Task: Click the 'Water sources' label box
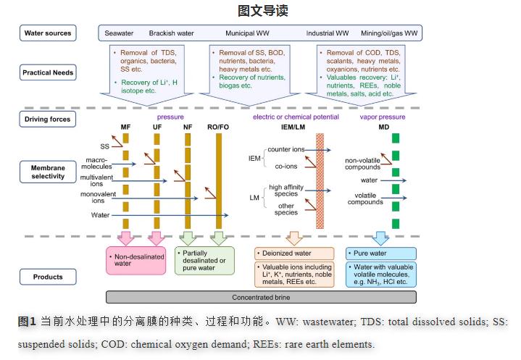tap(48, 33)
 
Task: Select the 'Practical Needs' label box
tap(48, 72)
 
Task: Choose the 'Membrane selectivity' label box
tap(48, 172)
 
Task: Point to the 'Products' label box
tap(48, 277)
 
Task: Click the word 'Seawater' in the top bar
tap(119, 33)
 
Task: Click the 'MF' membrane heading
tap(125, 127)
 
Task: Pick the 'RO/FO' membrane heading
tap(219, 127)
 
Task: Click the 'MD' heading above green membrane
tap(396, 127)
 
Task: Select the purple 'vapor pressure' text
tap(382, 117)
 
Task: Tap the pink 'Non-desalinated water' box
tap(137, 261)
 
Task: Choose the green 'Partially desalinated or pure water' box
tap(206, 260)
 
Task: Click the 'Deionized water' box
tap(294, 254)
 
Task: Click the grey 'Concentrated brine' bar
tap(261, 297)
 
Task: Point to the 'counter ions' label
tap(285, 149)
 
